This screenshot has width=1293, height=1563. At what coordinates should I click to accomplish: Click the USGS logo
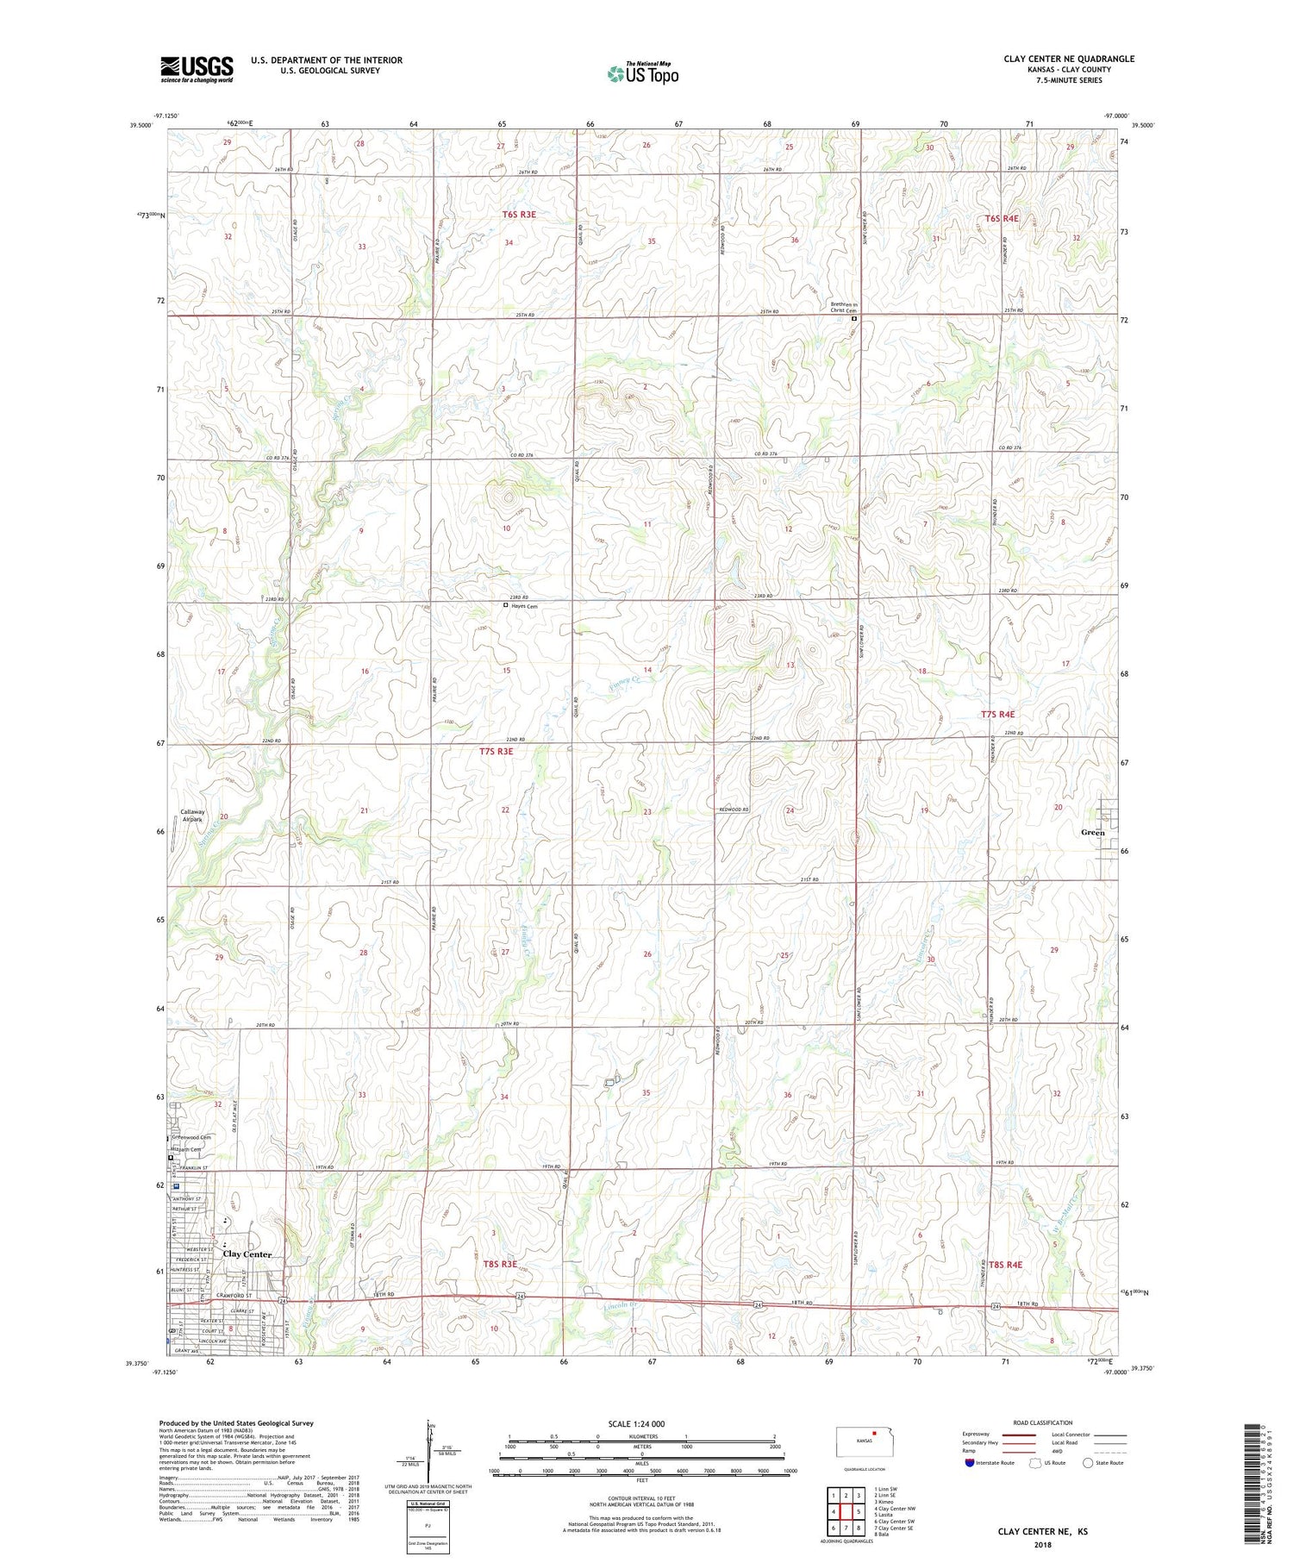pyautogui.click(x=197, y=69)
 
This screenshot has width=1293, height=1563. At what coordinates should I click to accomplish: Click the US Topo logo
pyautogui.click(x=642, y=73)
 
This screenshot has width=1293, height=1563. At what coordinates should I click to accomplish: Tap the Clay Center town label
pyautogui.click(x=247, y=1254)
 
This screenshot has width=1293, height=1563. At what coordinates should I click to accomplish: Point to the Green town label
pyautogui.click(x=1092, y=833)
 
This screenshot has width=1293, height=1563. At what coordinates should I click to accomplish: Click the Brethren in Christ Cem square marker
pyautogui.click(x=854, y=319)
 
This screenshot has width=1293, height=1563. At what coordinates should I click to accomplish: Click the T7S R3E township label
pyautogui.click(x=496, y=752)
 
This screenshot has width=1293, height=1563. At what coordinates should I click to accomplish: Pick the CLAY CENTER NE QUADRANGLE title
pyautogui.click(x=1068, y=59)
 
